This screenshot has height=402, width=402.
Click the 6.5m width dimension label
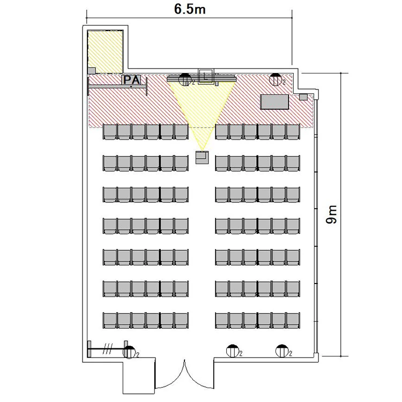pyautogui.click(x=190, y=9)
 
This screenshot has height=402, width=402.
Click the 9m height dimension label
pyautogui.click(x=331, y=214)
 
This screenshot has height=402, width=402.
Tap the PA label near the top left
pyautogui.click(x=131, y=80)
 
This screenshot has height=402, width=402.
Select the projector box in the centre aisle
pyautogui.click(x=202, y=158)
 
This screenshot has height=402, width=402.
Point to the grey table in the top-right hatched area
pyautogui.click(x=274, y=102)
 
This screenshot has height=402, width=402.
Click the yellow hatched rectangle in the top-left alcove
pyautogui.click(x=105, y=52)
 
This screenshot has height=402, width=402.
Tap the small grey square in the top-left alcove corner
pyautogui.click(x=92, y=71)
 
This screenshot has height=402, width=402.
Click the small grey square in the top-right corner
pyautogui.click(x=303, y=97)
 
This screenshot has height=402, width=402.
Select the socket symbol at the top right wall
pyautogui.click(x=276, y=79)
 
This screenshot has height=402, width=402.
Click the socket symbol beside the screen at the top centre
pyautogui.click(x=184, y=79)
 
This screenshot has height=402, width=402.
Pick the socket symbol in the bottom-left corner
pyautogui.click(x=129, y=352)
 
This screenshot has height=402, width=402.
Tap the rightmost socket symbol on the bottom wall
pyautogui.click(x=282, y=351)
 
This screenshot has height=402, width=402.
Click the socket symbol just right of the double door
pyautogui.click(x=233, y=351)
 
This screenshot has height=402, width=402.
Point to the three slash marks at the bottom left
pyautogui.click(x=108, y=349)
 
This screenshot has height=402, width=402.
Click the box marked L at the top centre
pyautogui.click(x=205, y=76)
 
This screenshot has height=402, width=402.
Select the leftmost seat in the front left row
pyautogui.click(x=110, y=132)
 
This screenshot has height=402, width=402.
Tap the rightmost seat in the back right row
pyautogui.click(x=293, y=321)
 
